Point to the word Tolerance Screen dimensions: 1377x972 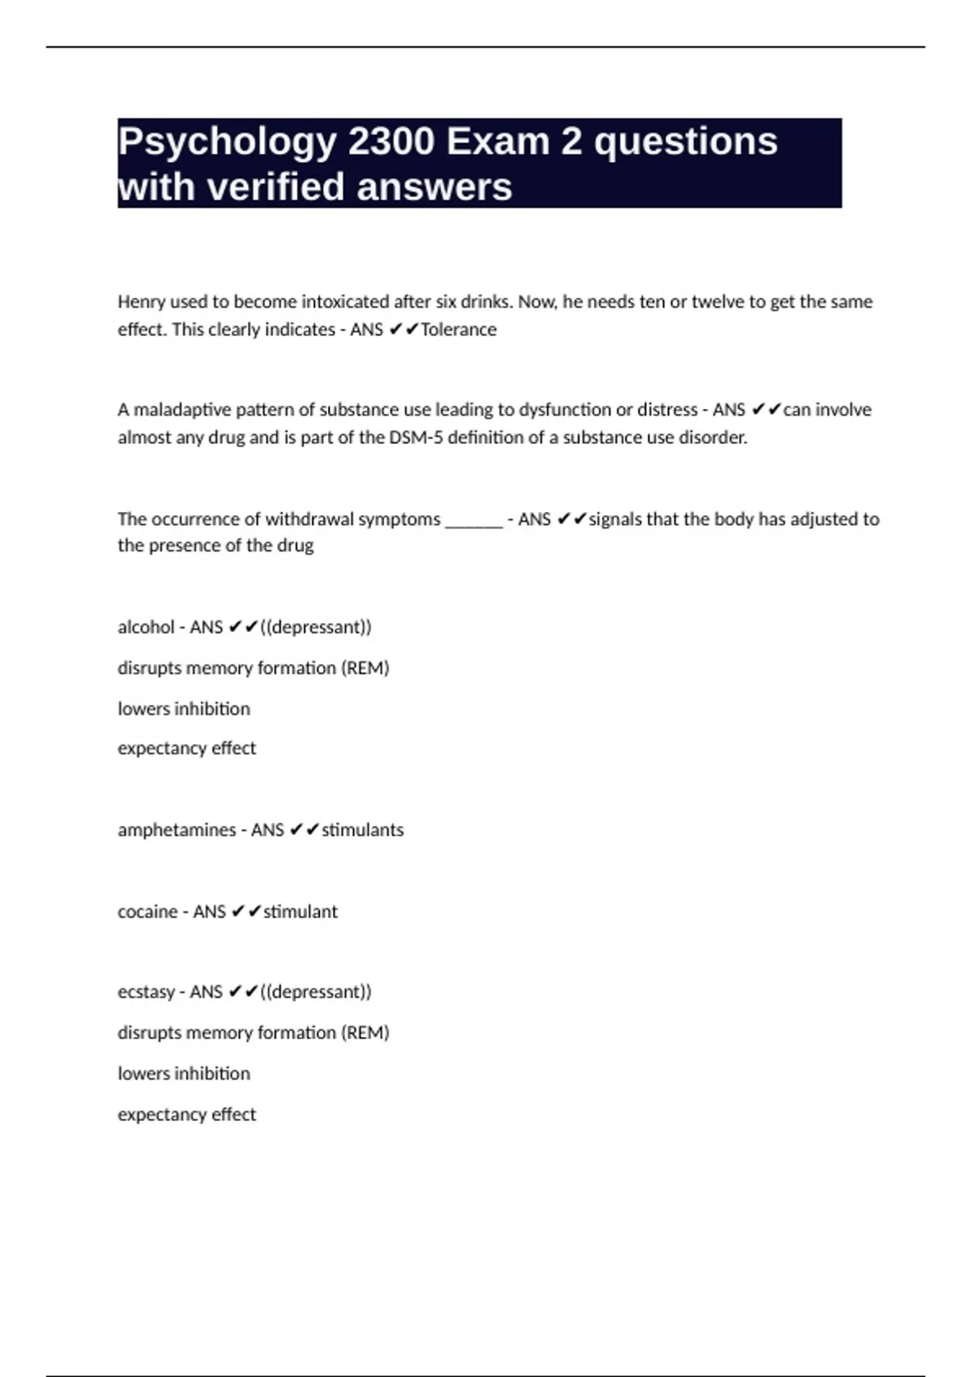pyautogui.click(x=458, y=330)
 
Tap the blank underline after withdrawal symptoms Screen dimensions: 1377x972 pyautogui.click(x=474, y=519)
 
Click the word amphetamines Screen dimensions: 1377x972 pyautogui.click(x=177, y=830)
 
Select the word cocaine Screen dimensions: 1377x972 pyautogui.click(x=147, y=912)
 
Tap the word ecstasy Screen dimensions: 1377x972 pyautogui.click(x=146, y=992)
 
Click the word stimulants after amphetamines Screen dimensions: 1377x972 pyautogui.click(x=363, y=830)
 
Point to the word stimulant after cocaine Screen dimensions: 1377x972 pyautogui.click(x=301, y=912)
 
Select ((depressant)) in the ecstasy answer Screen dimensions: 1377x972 pyautogui.click(x=316, y=992)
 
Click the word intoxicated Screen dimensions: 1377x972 pyautogui.click(x=345, y=302)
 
